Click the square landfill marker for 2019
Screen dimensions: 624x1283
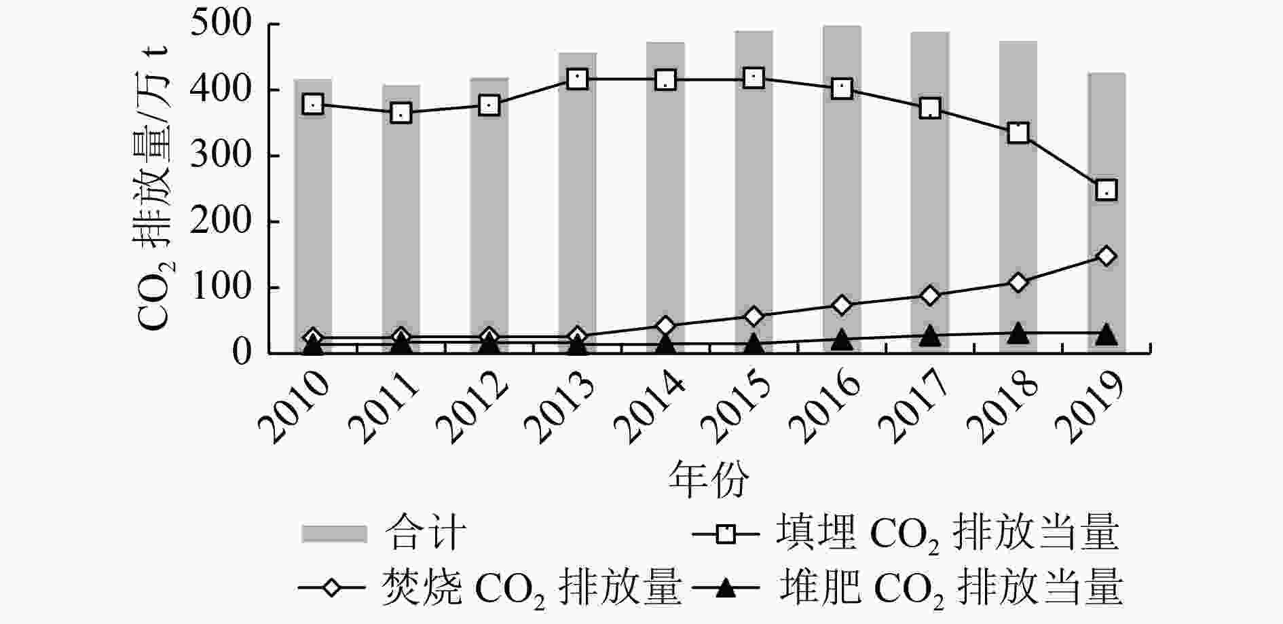click(1107, 189)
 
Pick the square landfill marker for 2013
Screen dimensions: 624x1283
click(577, 79)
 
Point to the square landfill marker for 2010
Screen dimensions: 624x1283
click(313, 104)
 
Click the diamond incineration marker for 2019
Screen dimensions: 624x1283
click(1107, 256)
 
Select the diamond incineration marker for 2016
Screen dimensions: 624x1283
click(842, 304)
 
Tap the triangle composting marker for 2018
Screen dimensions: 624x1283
click(1018, 333)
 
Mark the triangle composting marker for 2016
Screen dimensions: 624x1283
click(842, 339)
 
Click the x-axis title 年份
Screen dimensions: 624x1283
click(709, 479)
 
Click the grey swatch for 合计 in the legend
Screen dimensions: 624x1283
click(334, 534)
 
